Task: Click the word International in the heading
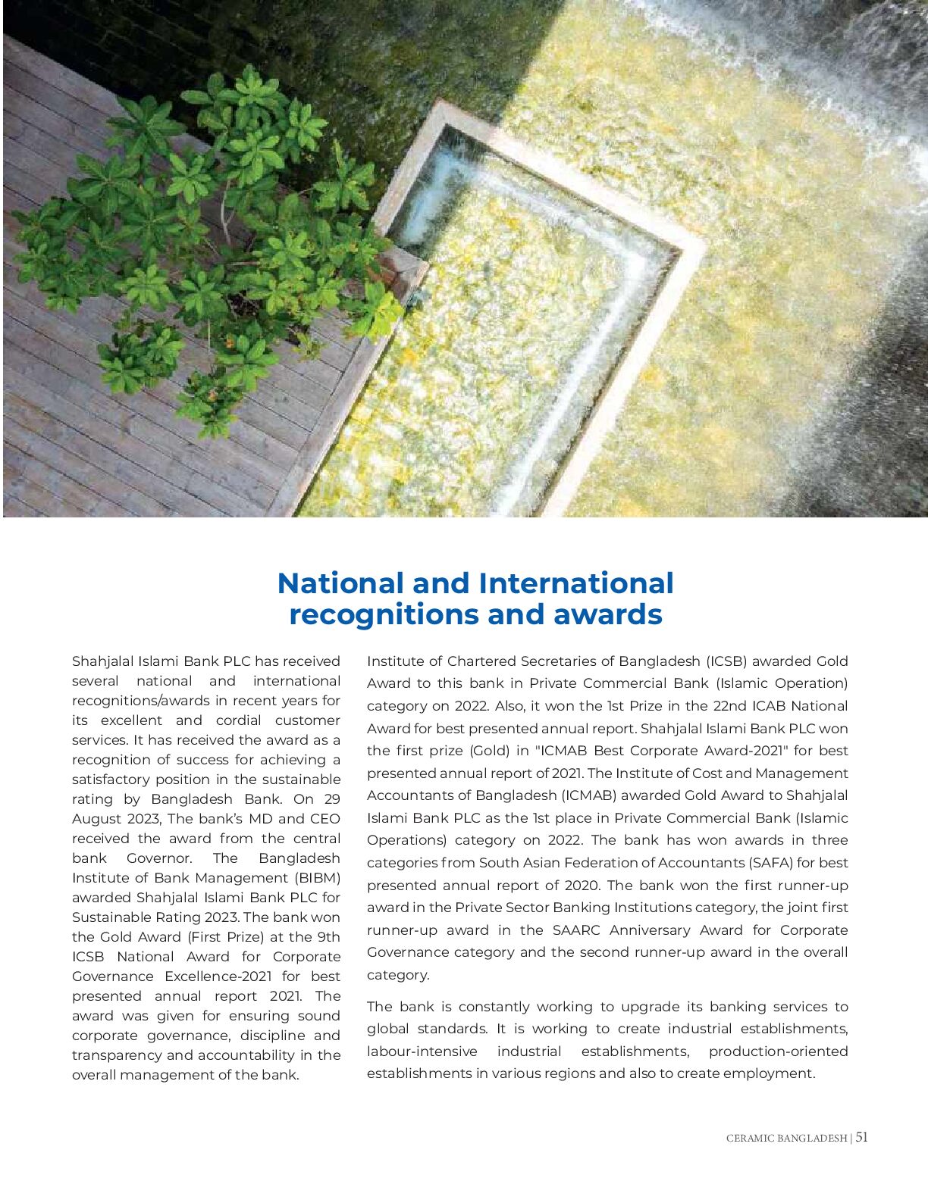point(576,583)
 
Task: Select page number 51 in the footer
point(862,1137)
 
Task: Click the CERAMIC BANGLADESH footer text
point(786,1138)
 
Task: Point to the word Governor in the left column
point(158,858)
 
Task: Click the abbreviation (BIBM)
point(317,878)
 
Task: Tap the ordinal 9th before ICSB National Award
point(328,937)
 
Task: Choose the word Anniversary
point(650,930)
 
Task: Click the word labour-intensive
point(422,1051)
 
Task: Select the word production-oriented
point(778,1051)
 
